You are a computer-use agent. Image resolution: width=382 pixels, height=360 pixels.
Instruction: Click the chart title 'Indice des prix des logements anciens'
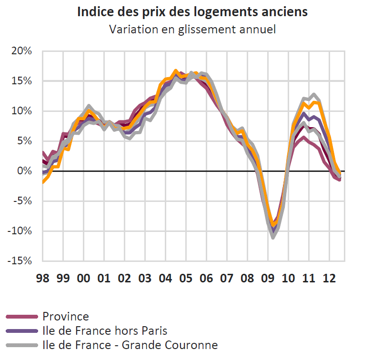pyautogui.click(x=192, y=12)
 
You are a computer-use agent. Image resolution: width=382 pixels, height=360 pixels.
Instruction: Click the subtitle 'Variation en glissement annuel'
pyautogui.click(x=192, y=29)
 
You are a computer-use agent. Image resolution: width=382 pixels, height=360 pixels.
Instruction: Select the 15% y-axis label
pyautogui.click(x=22, y=81)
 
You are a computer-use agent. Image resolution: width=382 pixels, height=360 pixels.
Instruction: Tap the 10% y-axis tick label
pyautogui.click(x=22, y=111)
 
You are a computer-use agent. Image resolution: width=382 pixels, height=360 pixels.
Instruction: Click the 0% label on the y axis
pyautogui.click(x=25, y=171)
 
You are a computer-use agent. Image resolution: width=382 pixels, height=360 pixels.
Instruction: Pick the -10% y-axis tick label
pyautogui.click(x=20, y=231)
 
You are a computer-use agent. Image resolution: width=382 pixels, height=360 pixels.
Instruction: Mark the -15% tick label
pyautogui.click(x=20, y=261)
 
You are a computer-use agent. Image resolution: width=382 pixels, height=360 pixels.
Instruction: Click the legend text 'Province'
pyautogui.click(x=65, y=316)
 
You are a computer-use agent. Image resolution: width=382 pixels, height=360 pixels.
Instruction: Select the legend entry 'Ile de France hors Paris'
pyautogui.click(x=105, y=330)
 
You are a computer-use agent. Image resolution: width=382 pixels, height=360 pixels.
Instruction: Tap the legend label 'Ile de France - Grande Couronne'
pyautogui.click(x=130, y=345)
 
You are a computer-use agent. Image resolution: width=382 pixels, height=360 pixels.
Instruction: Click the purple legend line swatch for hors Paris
pyautogui.click(x=21, y=330)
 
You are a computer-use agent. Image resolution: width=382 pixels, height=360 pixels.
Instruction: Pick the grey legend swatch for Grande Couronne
pyautogui.click(x=21, y=345)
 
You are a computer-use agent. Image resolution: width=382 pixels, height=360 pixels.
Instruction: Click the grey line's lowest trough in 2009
pyautogui.click(x=273, y=237)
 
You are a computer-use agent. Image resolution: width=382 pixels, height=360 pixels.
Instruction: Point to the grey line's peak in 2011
pyautogui.click(x=313, y=94)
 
